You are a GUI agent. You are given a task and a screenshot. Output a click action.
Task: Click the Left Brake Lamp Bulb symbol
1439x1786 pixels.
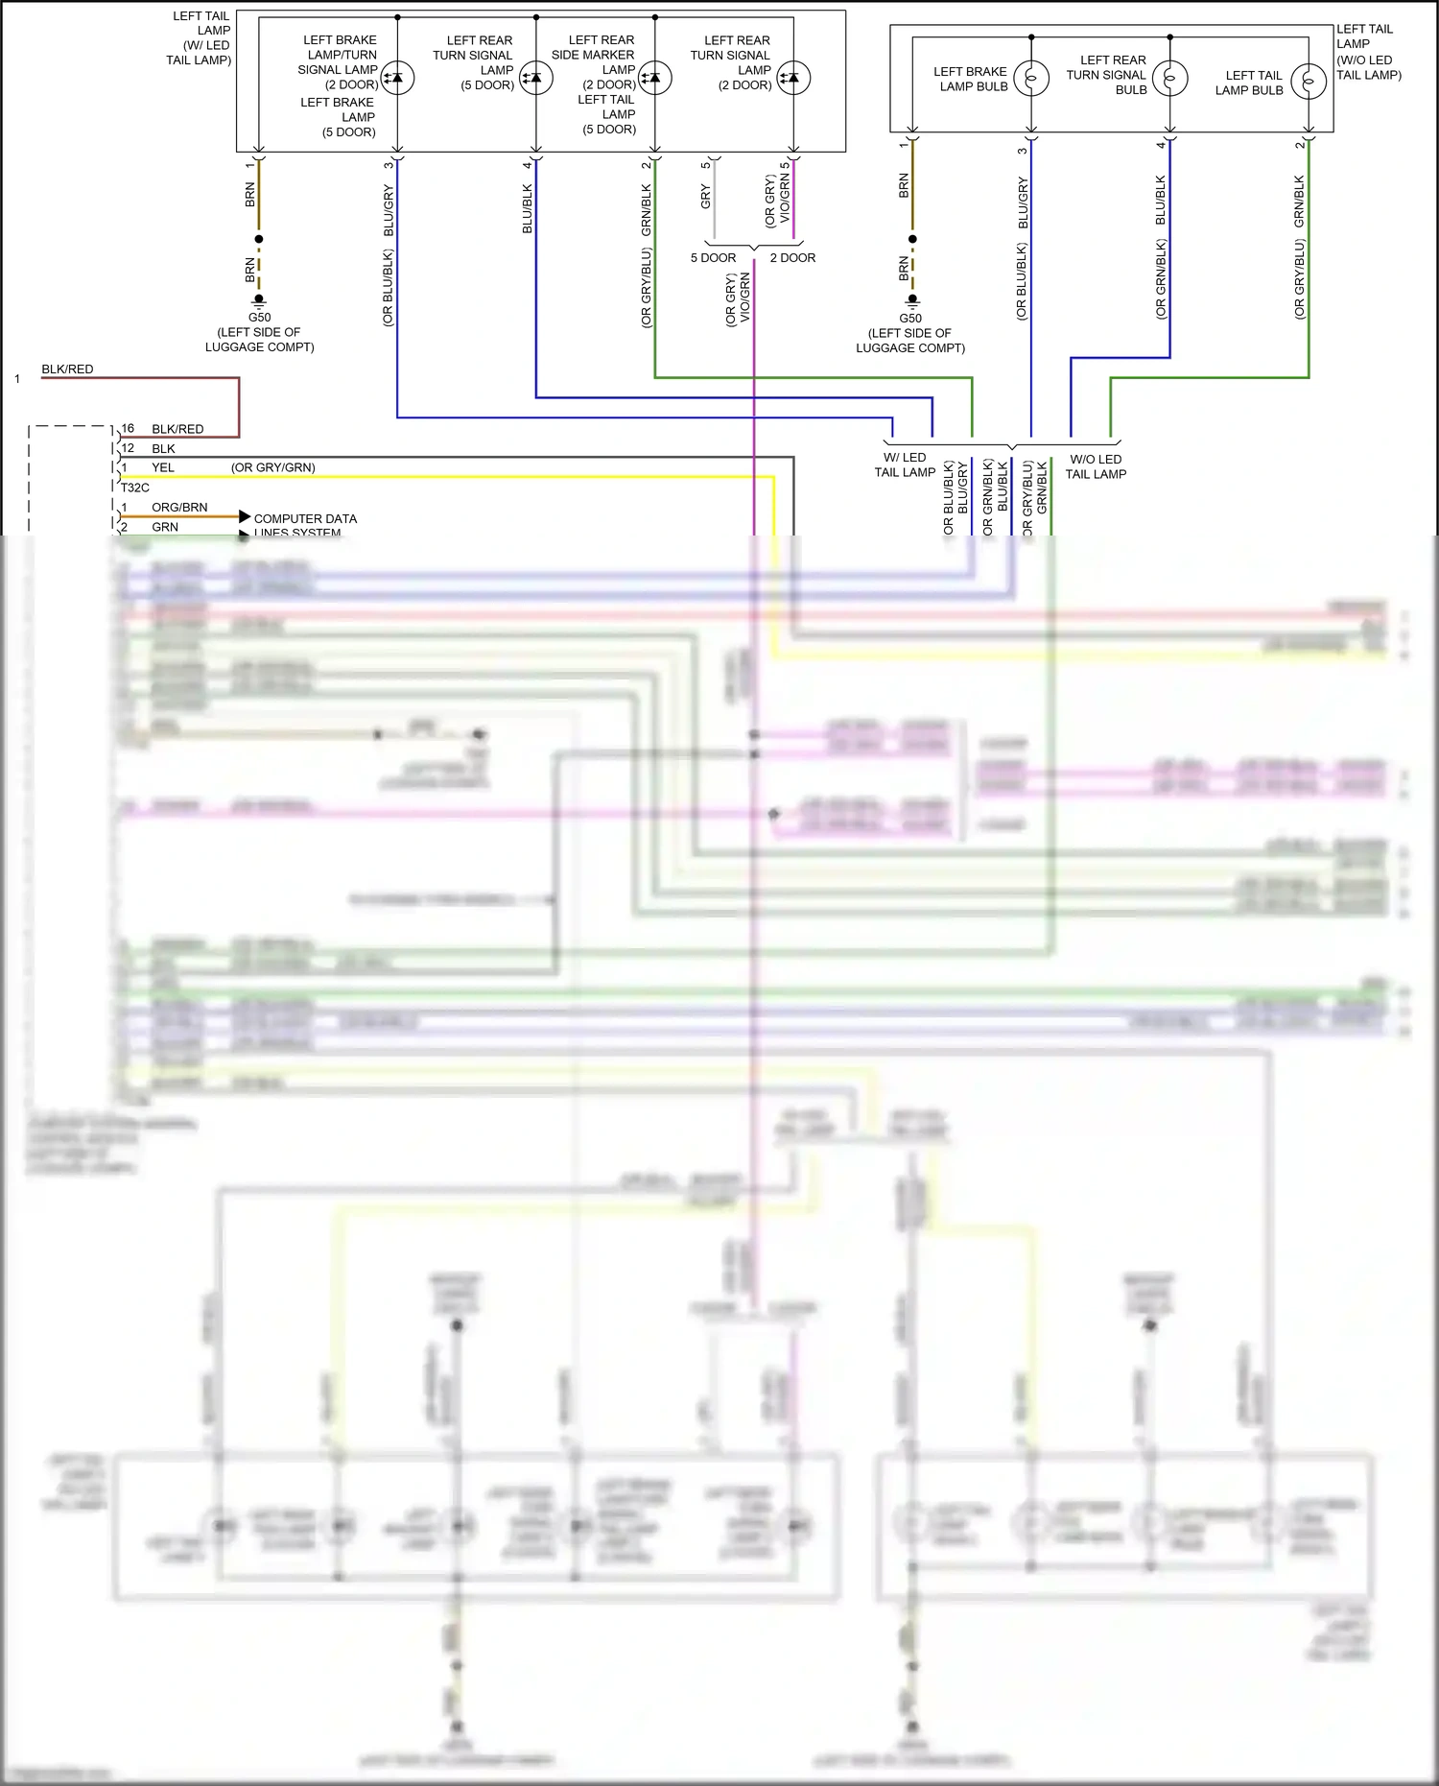point(1031,79)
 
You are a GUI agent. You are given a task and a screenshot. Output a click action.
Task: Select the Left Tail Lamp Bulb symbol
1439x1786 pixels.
point(1309,82)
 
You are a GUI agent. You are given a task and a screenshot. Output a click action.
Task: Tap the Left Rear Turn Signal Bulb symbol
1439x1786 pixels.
point(1169,78)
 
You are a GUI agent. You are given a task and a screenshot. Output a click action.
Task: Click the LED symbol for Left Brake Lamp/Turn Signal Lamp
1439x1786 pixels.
point(397,78)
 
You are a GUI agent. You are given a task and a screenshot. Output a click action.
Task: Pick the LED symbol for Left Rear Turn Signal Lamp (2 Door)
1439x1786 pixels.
point(793,78)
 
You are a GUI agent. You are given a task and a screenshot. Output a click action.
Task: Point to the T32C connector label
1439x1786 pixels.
point(135,488)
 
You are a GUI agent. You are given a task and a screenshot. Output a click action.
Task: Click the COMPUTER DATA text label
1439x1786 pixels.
point(305,519)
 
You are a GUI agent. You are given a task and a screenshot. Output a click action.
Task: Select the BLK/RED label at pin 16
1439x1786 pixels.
point(177,429)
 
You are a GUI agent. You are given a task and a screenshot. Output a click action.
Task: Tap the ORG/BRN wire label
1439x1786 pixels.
point(179,508)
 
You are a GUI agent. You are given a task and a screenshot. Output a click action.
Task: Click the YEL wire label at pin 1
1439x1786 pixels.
point(163,468)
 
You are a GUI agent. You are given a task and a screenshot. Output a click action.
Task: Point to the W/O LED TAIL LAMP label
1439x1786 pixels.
point(1096,466)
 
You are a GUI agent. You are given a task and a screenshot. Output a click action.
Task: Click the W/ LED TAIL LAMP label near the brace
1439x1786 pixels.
point(905,464)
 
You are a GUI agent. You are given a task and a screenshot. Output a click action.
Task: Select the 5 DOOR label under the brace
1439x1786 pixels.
point(713,258)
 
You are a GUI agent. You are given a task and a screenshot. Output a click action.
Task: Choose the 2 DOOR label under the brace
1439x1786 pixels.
point(792,258)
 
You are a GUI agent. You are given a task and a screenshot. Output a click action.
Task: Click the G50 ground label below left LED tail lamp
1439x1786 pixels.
point(259,318)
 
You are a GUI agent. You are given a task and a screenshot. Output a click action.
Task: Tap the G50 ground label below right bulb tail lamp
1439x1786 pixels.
point(910,319)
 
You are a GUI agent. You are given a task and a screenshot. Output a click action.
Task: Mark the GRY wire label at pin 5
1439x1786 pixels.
point(706,198)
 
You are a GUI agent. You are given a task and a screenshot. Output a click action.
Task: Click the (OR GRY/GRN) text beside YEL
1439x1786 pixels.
point(272,468)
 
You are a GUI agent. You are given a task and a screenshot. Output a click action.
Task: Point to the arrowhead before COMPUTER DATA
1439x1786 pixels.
point(245,517)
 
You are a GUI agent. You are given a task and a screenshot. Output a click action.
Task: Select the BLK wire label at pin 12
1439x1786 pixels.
point(163,449)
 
